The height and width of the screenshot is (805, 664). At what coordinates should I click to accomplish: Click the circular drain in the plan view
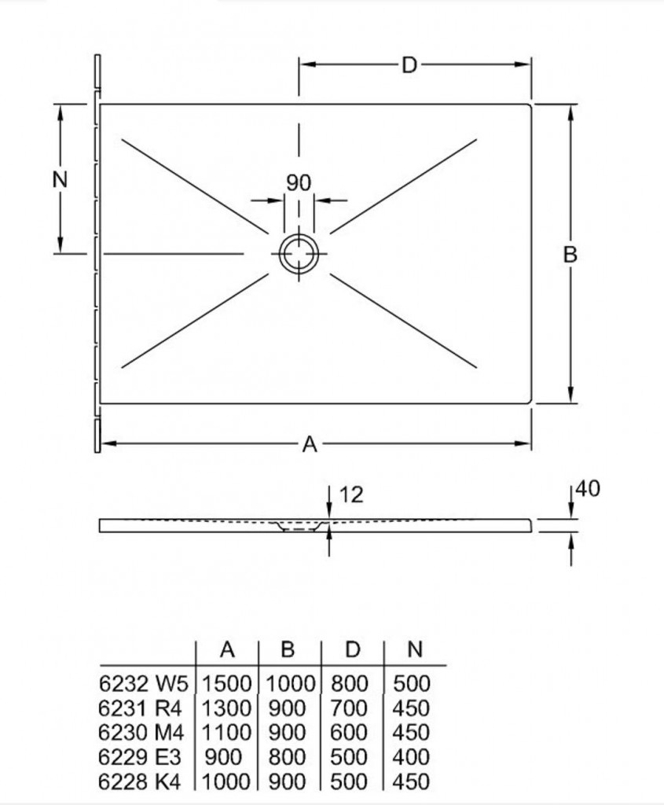(299, 253)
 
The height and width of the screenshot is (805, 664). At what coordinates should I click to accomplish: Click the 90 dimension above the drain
(298, 182)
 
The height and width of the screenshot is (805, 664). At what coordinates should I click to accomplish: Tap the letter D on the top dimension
(409, 65)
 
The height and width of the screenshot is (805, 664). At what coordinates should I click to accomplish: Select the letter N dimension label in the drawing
(60, 179)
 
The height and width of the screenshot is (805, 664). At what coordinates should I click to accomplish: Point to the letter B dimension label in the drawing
(570, 255)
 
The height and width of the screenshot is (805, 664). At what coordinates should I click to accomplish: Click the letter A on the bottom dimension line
(310, 444)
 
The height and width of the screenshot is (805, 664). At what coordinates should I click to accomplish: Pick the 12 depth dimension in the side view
(351, 494)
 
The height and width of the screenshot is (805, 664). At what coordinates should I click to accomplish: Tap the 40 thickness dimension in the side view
(588, 488)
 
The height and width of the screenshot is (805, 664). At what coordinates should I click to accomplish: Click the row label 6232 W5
(144, 683)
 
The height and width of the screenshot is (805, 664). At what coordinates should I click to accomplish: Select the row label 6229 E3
(140, 757)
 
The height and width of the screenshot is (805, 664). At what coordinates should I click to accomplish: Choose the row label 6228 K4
(140, 782)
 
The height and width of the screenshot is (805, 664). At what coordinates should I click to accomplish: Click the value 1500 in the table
(226, 683)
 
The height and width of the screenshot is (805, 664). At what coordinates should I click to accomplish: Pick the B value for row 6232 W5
(291, 683)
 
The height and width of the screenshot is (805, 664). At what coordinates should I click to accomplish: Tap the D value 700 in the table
(349, 708)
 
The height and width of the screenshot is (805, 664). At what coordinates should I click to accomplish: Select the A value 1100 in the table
(226, 733)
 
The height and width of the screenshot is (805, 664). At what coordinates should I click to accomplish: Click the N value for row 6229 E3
(411, 757)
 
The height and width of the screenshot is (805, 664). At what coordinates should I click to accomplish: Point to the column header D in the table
(352, 650)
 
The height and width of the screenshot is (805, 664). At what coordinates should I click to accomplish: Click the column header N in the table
(415, 650)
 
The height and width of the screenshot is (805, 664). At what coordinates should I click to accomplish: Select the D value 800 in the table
(350, 683)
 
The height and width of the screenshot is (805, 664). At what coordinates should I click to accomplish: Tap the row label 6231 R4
(140, 708)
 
